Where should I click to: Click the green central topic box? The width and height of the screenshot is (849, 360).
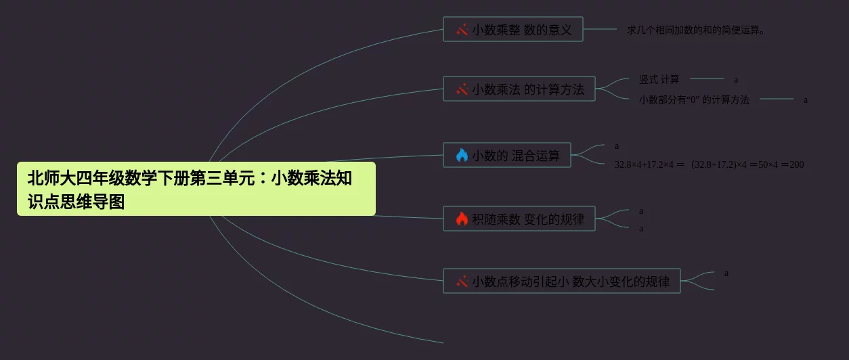tap(196, 189)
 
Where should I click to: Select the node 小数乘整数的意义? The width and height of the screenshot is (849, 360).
tap(513, 29)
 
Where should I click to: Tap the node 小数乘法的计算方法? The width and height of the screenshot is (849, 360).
tap(519, 89)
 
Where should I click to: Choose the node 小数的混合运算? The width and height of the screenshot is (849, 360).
tap(507, 155)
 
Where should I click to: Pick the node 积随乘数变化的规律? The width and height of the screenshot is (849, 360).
tap(519, 219)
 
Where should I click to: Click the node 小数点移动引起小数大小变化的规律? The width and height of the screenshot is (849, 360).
tap(562, 281)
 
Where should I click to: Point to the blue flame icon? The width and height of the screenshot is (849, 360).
tap(462, 155)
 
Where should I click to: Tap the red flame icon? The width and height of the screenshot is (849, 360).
tap(462, 219)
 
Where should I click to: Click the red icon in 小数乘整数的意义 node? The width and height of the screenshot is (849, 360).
tap(462, 30)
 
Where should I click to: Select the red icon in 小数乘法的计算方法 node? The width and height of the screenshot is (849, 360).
tap(462, 89)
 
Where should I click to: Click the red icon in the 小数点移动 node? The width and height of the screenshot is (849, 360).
tap(462, 281)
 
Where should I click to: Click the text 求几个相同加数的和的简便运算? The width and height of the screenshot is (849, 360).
tap(695, 30)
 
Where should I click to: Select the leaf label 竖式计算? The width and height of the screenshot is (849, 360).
tap(659, 79)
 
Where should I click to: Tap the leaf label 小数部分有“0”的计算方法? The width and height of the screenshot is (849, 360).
tap(694, 99)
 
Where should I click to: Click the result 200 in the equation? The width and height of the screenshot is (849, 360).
tap(796, 164)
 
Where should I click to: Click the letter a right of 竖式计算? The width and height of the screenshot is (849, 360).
tap(736, 80)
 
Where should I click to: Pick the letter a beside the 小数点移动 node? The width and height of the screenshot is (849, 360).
tap(726, 273)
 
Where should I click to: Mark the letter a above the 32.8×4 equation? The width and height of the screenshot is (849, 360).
tap(617, 146)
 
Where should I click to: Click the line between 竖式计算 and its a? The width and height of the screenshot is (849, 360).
tap(707, 78)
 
